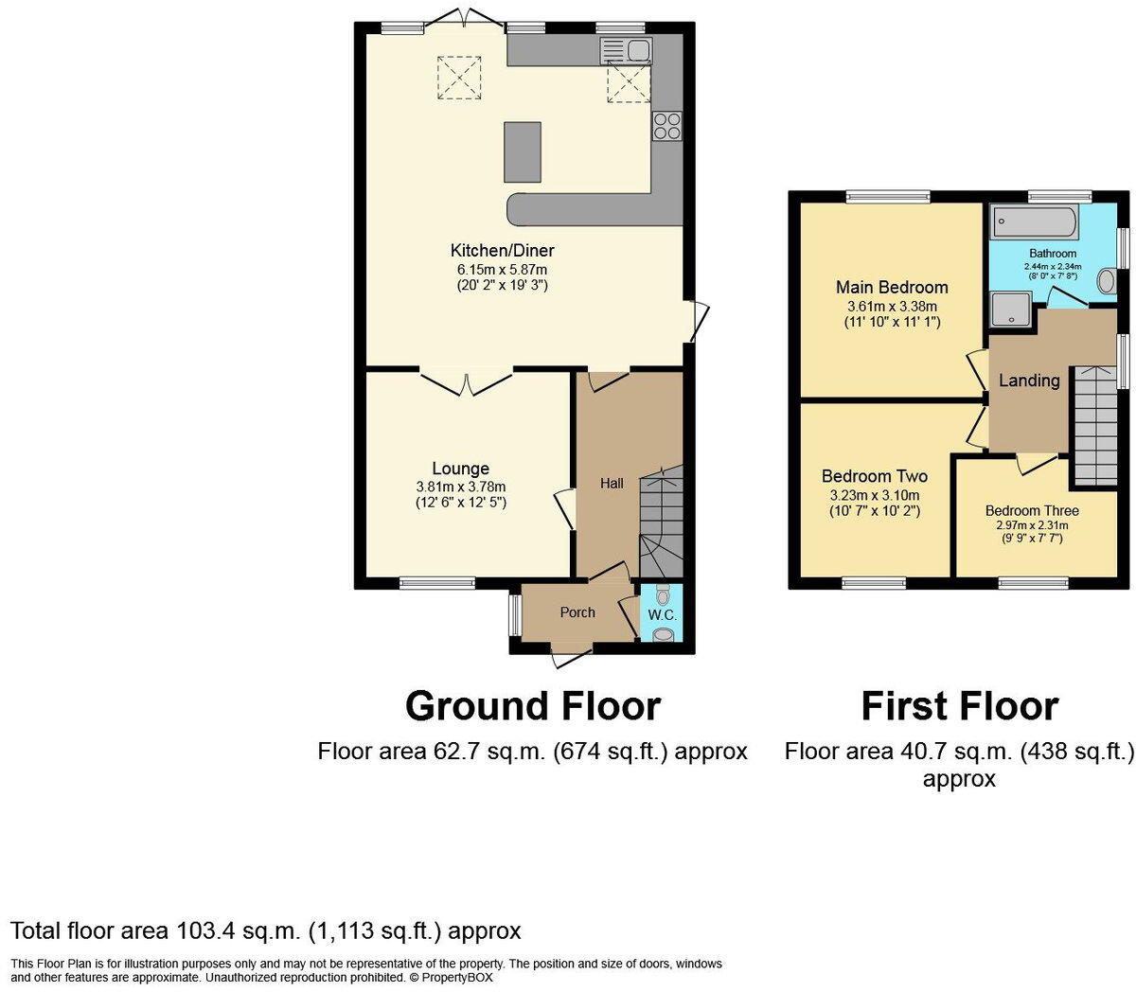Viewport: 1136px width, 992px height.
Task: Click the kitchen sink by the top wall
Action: click(626, 50)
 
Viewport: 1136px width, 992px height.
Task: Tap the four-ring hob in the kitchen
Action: click(666, 127)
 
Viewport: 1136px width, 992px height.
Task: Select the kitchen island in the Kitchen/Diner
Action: click(523, 151)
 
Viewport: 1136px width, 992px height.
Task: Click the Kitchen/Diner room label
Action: click(502, 251)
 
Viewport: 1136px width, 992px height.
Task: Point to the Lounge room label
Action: click(460, 469)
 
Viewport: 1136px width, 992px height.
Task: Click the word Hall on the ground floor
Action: click(612, 483)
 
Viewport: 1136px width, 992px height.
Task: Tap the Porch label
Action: click(577, 612)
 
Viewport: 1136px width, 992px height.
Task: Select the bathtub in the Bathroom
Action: click(1034, 222)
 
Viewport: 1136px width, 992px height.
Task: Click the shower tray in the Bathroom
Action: click(1010, 309)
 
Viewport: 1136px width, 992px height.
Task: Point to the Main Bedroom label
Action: click(892, 287)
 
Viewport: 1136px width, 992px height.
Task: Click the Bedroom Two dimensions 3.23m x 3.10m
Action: click(875, 495)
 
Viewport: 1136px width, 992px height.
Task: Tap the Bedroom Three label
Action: click(1032, 510)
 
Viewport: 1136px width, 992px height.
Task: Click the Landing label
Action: click(1029, 381)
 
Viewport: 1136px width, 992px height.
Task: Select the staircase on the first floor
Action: click(1093, 426)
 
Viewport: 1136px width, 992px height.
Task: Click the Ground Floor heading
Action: click(532, 706)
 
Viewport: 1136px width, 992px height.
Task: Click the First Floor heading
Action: click(959, 706)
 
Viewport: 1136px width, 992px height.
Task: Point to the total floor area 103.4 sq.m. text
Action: click(265, 930)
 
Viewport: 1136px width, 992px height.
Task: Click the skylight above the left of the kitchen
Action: click(459, 77)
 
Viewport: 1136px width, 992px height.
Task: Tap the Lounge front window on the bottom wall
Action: click(436, 583)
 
